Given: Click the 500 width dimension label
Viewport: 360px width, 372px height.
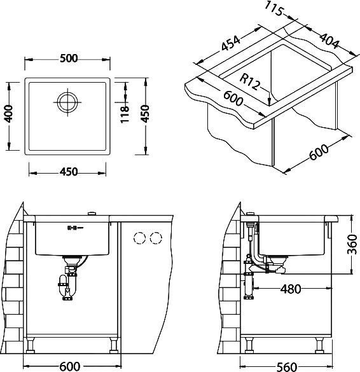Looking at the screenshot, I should (69, 59).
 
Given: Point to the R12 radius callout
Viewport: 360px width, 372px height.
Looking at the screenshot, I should (252, 81).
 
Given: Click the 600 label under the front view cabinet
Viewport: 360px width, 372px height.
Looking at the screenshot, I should (69, 365).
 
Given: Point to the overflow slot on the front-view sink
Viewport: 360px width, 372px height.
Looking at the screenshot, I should (72, 227).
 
